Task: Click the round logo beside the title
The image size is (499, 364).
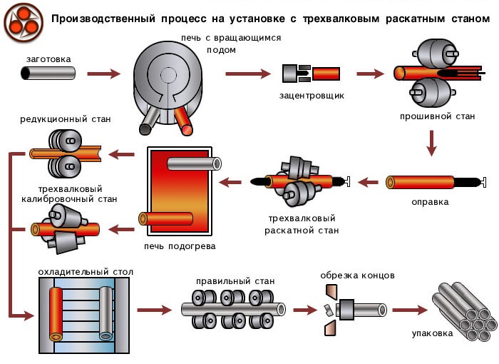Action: click(23, 23)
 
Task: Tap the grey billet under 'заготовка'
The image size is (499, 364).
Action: click(48, 73)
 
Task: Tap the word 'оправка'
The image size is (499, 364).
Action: click(430, 202)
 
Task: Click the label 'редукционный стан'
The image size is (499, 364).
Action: click(65, 118)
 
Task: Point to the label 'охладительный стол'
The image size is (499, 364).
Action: click(85, 272)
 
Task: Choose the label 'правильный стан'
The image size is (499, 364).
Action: click(235, 281)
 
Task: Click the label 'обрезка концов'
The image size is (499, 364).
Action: click(357, 275)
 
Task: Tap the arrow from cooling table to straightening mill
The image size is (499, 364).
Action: click(154, 310)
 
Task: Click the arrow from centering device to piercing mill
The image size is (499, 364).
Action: click(370, 73)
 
